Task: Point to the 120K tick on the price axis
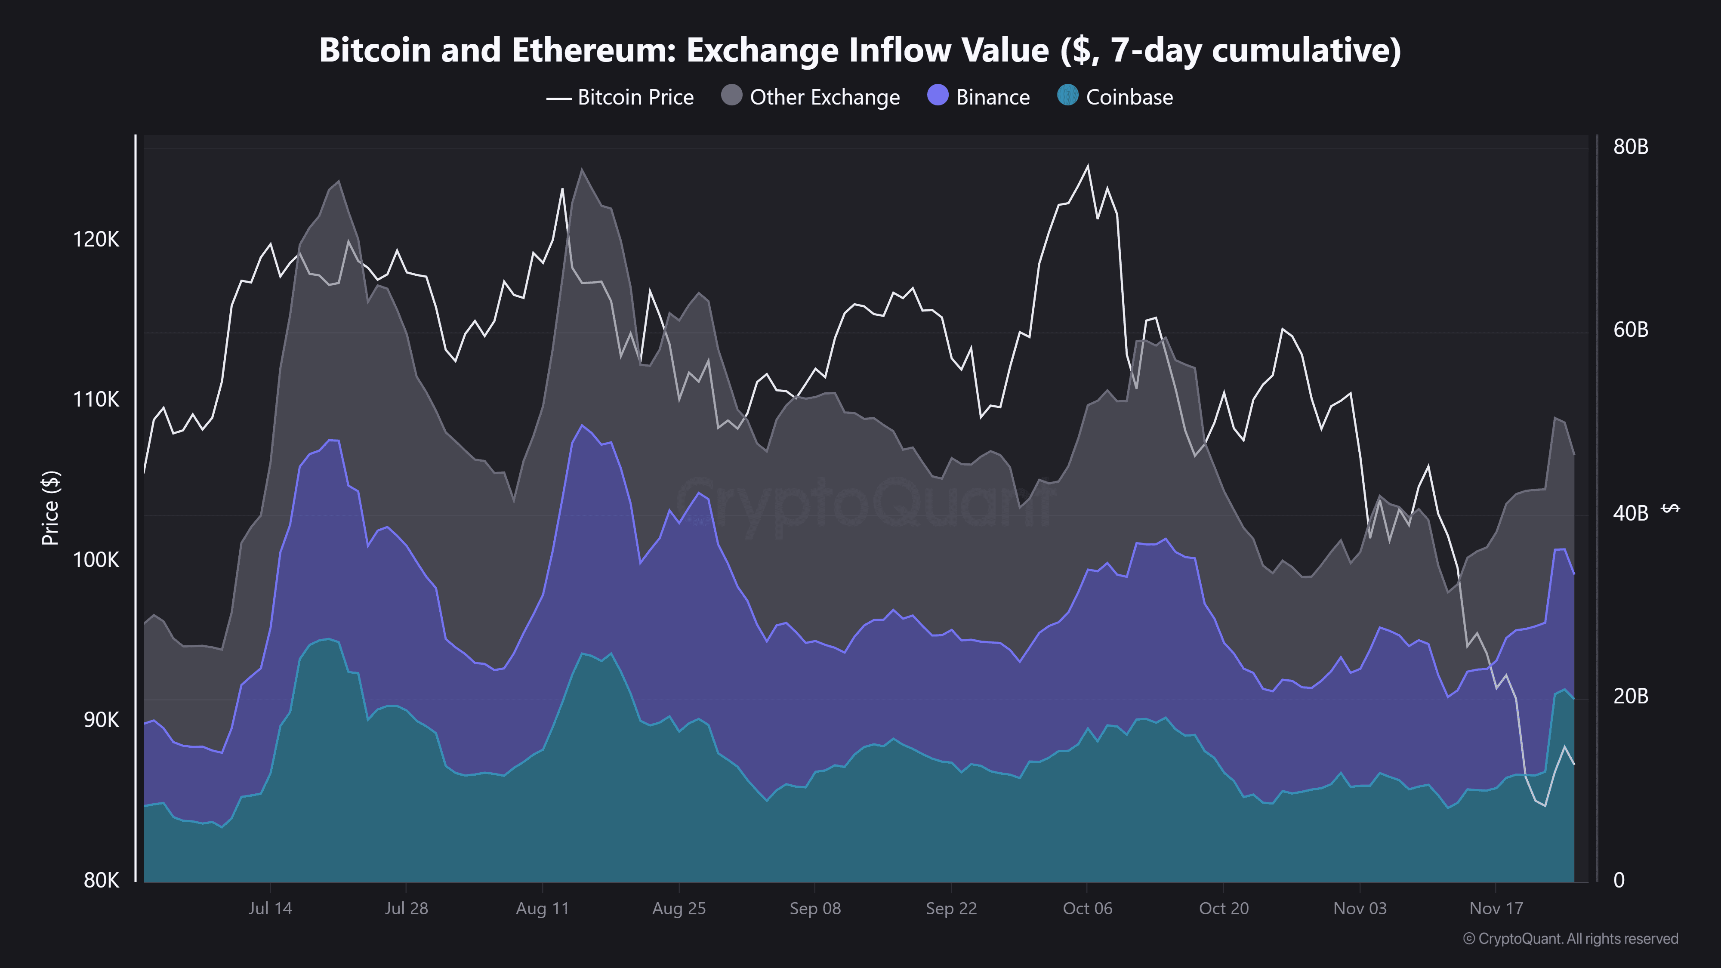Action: tap(96, 239)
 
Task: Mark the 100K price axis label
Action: tap(96, 560)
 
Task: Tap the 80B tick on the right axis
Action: tap(1630, 147)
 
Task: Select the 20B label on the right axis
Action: tap(1630, 696)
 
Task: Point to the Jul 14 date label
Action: tap(270, 909)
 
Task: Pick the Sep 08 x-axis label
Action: tap(815, 909)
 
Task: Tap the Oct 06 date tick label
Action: tap(1088, 909)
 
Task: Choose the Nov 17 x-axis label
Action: tap(1496, 909)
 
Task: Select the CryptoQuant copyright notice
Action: tap(1570, 939)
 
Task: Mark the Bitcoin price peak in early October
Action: tap(1088, 166)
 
